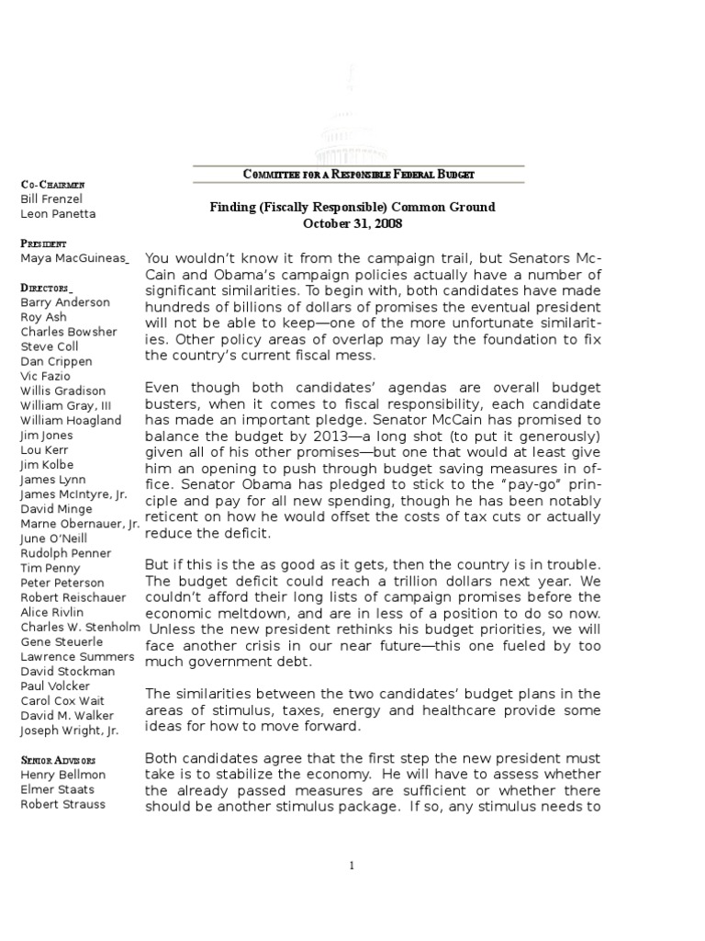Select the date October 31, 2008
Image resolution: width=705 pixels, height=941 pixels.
tap(352, 223)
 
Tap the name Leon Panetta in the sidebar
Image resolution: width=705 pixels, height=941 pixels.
tap(58, 214)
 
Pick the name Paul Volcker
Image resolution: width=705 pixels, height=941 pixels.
tap(56, 686)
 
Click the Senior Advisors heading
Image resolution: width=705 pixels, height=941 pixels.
tap(58, 761)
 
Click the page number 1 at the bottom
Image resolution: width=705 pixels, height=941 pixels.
tap(352, 865)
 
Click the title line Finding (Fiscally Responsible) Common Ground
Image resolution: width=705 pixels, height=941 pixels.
tap(352, 207)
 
